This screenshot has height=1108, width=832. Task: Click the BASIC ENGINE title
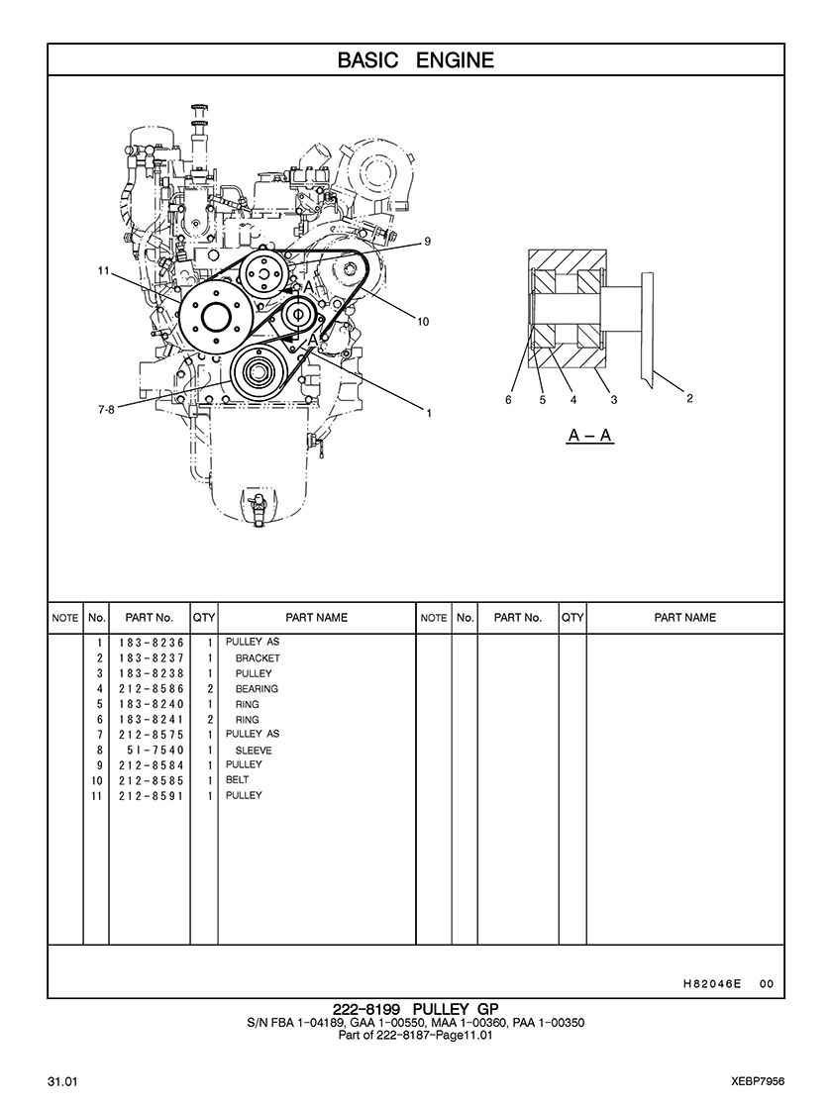click(415, 60)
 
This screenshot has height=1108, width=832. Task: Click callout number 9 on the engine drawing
click(427, 242)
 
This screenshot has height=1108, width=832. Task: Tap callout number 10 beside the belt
click(423, 321)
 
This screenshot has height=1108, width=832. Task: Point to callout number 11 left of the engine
click(103, 270)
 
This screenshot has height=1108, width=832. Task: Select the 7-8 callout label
click(106, 409)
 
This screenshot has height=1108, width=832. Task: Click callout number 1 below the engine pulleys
click(429, 413)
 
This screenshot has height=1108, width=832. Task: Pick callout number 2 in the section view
click(689, 399)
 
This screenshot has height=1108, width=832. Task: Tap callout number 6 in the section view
click(508, 400)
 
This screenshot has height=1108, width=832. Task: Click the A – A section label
click(590, 436)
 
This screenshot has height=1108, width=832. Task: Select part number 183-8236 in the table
click(153, 643)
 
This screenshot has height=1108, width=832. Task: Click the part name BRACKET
click(258, 658)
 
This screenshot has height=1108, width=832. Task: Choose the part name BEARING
click(257, 689)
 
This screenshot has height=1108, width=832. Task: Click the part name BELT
click(238, 780)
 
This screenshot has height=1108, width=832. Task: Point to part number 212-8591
click(153, 796)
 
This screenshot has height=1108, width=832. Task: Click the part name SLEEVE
click(254, 751)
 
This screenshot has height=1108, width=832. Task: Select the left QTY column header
click(204, 618)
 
